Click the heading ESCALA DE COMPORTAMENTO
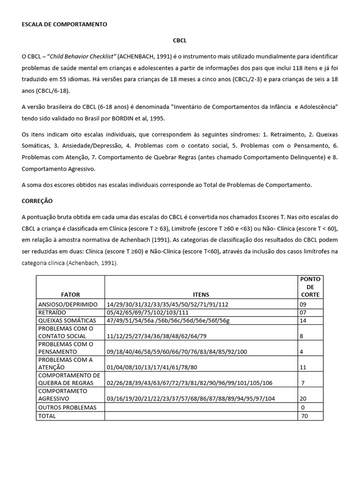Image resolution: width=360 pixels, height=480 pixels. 64,24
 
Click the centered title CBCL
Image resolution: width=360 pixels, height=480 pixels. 180,41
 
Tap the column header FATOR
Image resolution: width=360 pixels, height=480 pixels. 70,294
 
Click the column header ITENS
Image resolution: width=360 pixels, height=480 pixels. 201,294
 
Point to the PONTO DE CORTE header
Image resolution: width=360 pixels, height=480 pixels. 309,286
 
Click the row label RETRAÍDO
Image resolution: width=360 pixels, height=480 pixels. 52,312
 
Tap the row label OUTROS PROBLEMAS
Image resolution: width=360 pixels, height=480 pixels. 67,407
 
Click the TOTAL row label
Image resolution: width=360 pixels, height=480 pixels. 47,416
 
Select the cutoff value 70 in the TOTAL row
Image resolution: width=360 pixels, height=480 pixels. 305,416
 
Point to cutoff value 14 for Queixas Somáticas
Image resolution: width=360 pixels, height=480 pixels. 304,320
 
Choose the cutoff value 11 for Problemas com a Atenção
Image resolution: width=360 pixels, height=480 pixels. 304,367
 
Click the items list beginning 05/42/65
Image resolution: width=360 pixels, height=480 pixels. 148,312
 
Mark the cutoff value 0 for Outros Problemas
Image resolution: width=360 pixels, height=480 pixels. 303,407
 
